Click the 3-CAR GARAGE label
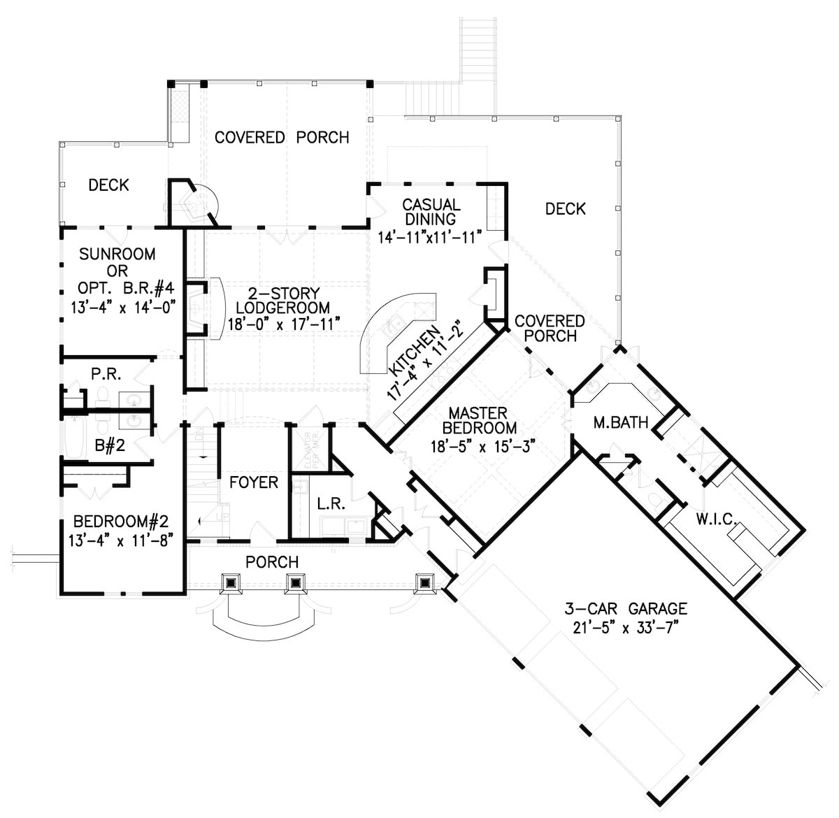(x=626, y=608)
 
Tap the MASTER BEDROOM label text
(x=479, y=420)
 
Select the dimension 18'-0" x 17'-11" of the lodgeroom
(x=284, y=324)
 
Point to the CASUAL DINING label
(x=431, y=212)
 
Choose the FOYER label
(x=254, y=482)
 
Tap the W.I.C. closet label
(x=714, y=519)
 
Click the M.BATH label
(x=620, y=422)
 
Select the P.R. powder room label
(x=107, y=375)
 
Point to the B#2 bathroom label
(x=110, y=445)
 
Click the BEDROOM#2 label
(x=120, y=522)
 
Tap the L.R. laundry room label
(x=330, y=503)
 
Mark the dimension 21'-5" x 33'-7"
(x=626, y=627)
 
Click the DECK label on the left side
(x=108, y=185)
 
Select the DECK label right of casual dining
(x=565, y=208)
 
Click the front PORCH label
(x=272, y=562)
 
